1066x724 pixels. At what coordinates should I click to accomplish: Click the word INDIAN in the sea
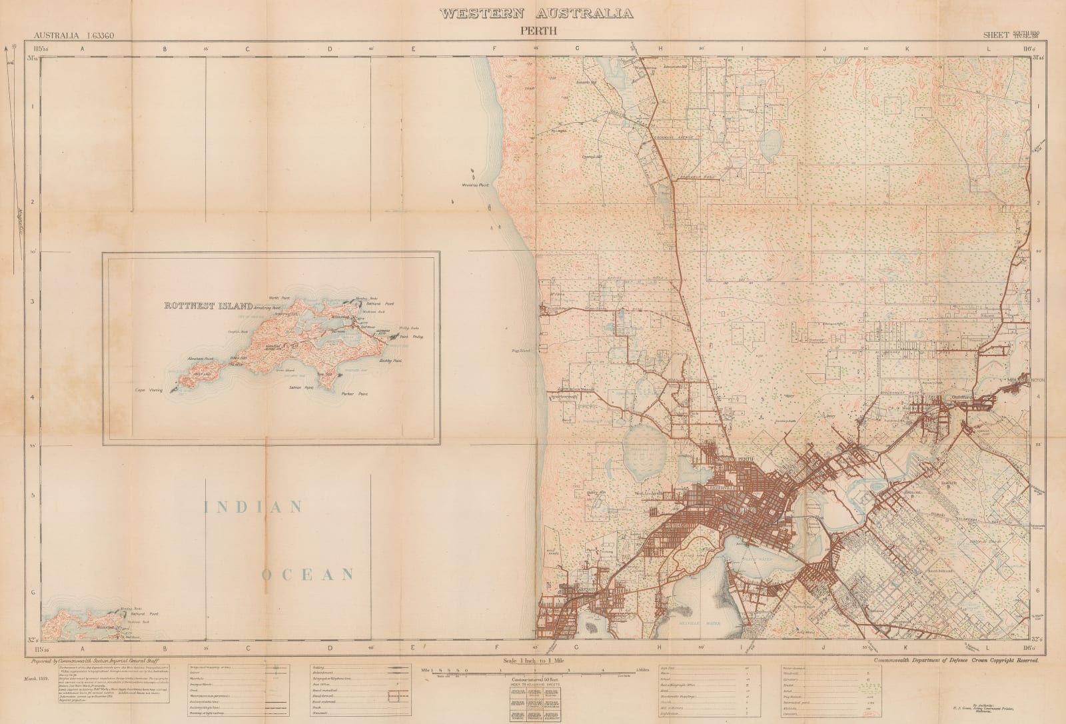(254, 507)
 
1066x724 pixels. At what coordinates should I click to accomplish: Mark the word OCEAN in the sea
(306, 574)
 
